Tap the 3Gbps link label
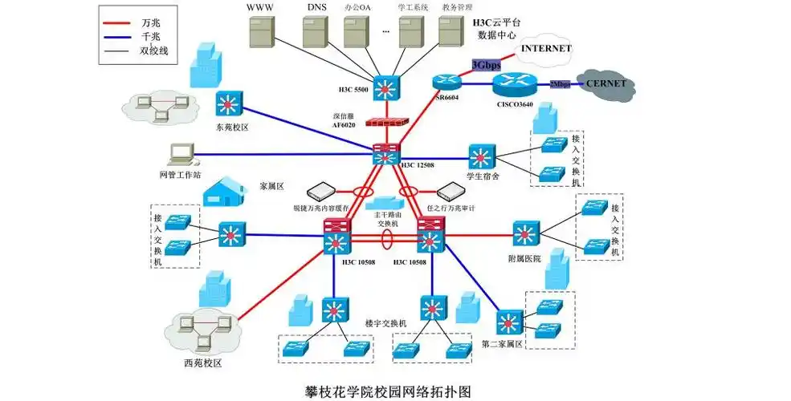[487, 64]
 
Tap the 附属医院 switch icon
[527, 234]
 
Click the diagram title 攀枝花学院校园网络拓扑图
[387, 391]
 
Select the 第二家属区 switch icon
[508, 322]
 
